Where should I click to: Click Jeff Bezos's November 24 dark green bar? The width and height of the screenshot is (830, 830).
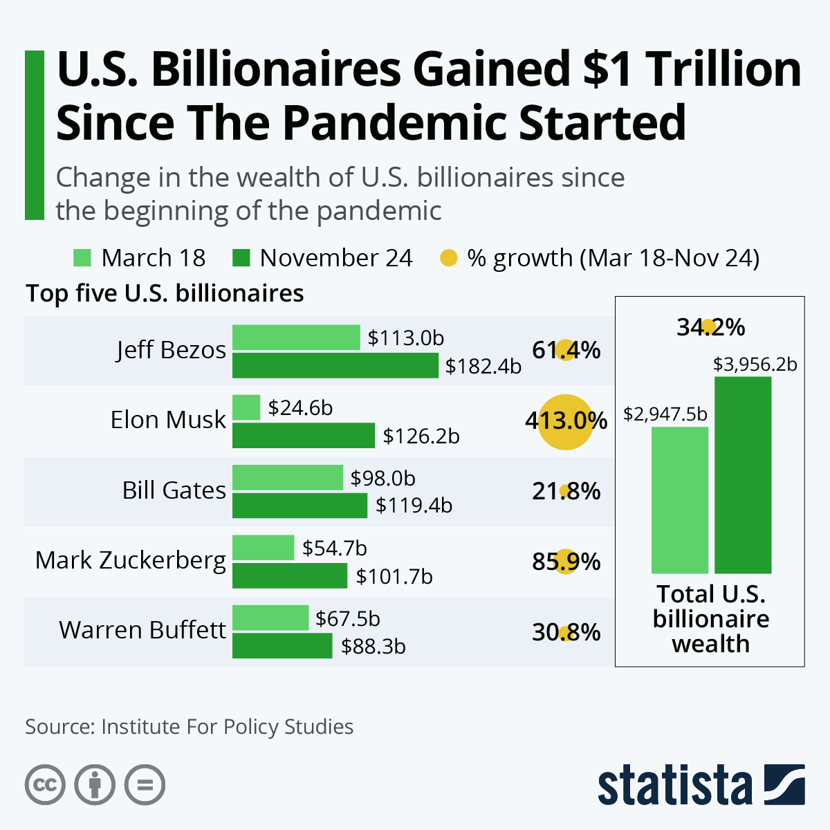click(335, 365)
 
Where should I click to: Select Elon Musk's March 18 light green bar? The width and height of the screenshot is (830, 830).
click(246, 407)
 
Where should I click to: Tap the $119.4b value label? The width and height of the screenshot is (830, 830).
click(414, 506)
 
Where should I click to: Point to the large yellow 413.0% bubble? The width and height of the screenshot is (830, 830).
click(566, 421)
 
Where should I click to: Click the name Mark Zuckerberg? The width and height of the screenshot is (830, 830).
click(131, 560)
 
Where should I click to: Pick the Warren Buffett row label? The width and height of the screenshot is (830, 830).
click(142, 630)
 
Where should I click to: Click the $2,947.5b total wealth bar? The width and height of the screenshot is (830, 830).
click(679, 500)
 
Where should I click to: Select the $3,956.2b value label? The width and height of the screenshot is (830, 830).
click(755, 365)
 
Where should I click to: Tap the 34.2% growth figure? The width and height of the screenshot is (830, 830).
click(710, 327)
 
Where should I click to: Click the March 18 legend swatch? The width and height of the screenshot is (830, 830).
click(82, 258)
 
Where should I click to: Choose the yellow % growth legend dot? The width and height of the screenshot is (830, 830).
click(449, 258)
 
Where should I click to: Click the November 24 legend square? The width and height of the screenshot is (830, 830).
click(241, 258)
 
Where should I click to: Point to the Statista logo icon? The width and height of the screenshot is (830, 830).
click(784, 784)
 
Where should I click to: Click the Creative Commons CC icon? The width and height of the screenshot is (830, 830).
click(45, 785)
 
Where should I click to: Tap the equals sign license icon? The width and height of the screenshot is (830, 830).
click(145, 785)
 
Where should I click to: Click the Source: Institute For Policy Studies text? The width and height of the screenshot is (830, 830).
click(189, 727)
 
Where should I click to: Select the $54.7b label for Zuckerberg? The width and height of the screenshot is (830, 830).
click(335, 548)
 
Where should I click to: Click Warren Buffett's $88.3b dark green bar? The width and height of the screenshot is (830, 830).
click(282, 646)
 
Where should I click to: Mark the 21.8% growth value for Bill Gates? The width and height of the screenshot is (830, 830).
click(566, 492)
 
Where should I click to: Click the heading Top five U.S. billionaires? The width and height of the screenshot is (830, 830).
click(165, 294)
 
